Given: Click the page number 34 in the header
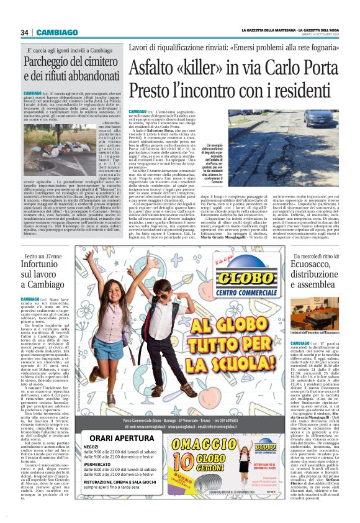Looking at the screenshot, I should (x=24, y=32).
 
